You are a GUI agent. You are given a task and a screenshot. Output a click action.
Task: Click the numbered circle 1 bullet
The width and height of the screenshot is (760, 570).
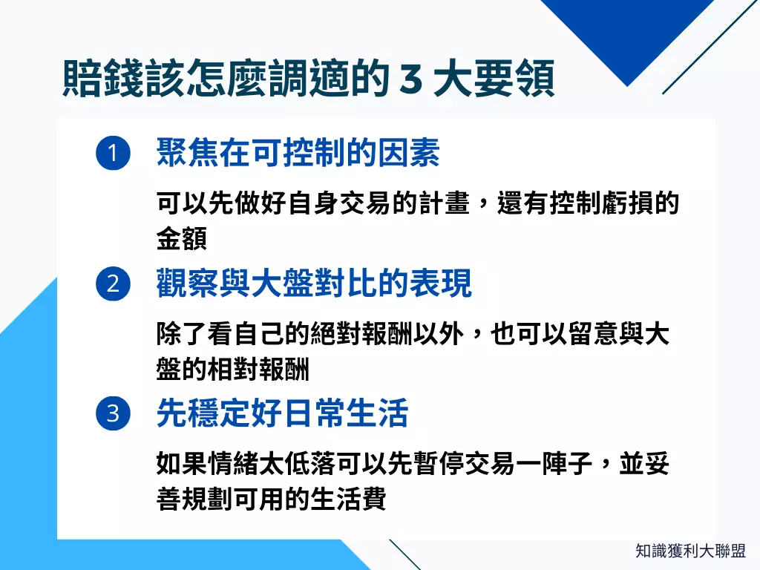click(113, 154)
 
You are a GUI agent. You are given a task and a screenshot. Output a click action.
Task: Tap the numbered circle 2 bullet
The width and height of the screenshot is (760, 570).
click(113, 284)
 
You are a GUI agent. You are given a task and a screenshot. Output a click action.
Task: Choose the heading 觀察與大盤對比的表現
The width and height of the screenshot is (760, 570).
click(313, 284)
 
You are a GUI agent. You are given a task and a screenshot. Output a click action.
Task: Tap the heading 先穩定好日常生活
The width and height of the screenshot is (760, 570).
click(282, 413)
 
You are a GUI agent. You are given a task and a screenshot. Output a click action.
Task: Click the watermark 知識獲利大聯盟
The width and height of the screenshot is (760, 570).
click(690, 551)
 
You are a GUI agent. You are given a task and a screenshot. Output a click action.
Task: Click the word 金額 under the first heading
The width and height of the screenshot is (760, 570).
click(181, 239)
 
